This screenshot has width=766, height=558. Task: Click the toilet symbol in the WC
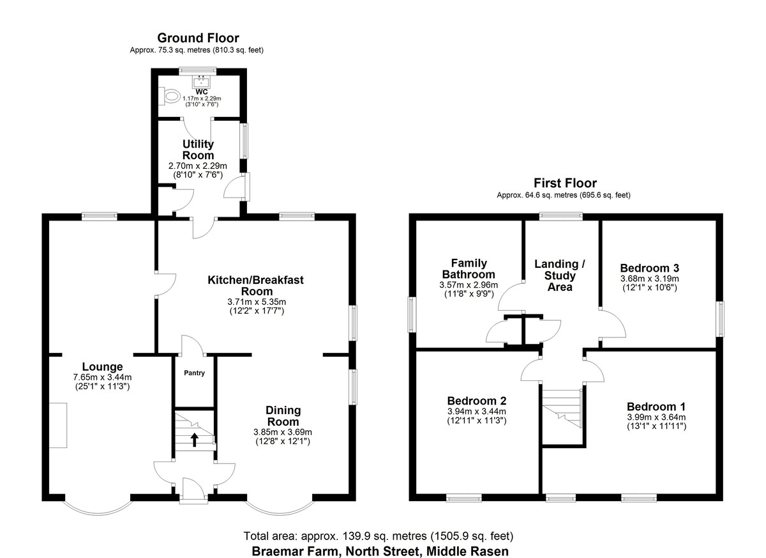pos(169,95)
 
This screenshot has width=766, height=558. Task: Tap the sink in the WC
pos(202,82)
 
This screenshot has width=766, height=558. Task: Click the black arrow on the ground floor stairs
pos(195,440)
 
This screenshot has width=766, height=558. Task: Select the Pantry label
pos(194,373)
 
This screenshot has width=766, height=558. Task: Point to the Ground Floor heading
pos(198,38)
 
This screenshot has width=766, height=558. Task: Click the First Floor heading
pos(566,183)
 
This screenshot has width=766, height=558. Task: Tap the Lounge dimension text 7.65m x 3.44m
pos(102,377)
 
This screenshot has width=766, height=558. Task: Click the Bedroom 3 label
pos(649,268)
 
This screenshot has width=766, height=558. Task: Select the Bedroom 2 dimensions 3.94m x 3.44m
pos(477,412)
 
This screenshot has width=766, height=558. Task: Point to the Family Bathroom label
pos(469,268)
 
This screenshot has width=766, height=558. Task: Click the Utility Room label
pos(198,150)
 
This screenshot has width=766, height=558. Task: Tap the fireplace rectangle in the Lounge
pos(58,425)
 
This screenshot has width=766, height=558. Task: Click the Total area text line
pos(378,536)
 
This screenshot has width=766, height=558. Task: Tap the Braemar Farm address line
pos(380,551)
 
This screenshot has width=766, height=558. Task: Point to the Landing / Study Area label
pos(560,275)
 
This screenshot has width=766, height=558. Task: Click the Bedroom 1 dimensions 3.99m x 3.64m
pos(656,417)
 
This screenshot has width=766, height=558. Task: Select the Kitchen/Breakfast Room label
pos(256,286)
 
